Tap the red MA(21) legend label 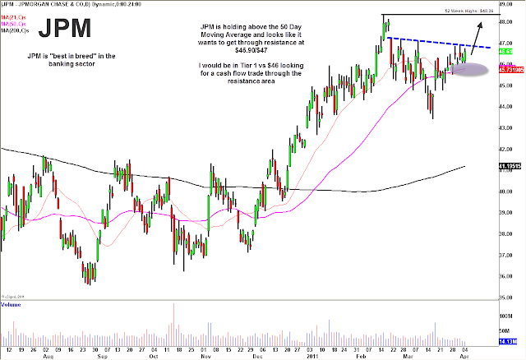(x=12, y=16)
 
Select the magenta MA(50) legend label (x=12, y=22)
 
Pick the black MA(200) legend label (x=14, y=29)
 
